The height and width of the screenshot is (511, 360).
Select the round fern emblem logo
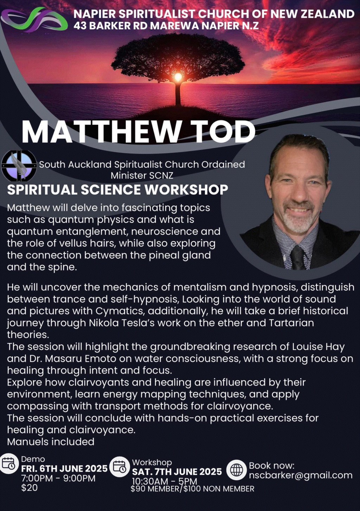point(19,166)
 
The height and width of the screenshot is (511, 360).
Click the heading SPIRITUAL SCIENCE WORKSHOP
point(117,190)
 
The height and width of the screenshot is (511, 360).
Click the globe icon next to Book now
point(236,470)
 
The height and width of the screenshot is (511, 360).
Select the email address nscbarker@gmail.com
point(301,476)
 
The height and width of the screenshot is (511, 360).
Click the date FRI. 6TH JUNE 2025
point(64,469)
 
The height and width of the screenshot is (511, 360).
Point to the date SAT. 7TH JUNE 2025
point(177,472)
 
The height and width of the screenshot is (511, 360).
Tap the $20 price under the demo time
point(29,488)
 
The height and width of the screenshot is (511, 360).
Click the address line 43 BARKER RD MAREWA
point(166,26)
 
